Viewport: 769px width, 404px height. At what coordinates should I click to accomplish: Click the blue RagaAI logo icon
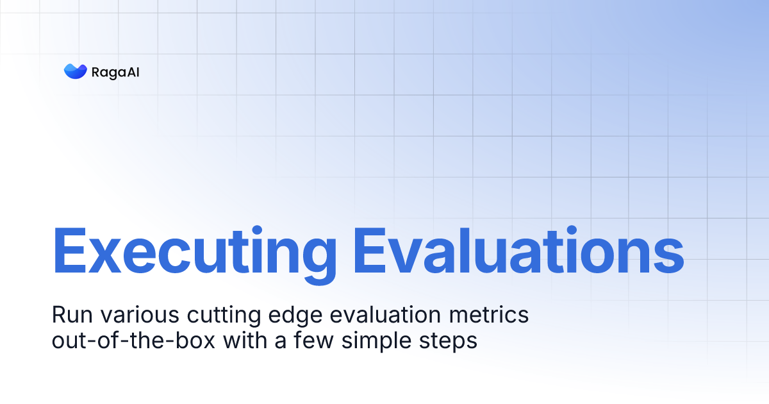75,71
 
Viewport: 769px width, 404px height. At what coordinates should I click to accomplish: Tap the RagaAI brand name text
116,72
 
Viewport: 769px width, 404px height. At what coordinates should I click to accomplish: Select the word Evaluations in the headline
518,250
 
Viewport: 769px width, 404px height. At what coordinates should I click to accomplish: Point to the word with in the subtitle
244,341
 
